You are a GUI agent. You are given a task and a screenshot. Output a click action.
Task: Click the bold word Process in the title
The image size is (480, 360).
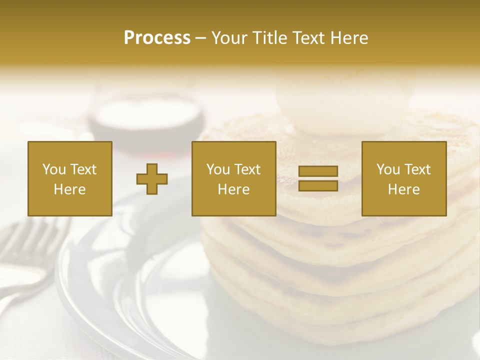(157, 38)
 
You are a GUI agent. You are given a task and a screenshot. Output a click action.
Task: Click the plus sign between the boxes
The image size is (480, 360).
(152, 179)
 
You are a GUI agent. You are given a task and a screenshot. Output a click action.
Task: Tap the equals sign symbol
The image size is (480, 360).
(318, 178)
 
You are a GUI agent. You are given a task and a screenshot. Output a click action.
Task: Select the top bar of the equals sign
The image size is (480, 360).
(318, 171)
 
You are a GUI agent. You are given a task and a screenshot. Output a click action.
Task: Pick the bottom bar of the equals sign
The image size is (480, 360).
(318, 185)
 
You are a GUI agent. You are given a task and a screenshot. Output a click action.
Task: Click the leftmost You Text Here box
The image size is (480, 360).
(70, 178)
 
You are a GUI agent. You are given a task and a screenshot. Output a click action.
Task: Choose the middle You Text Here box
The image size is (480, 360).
(233, 178)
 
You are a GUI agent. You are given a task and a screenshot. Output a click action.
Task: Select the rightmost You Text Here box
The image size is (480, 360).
(404, 178)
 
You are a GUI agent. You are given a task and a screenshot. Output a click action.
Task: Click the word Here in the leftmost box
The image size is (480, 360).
(70, 189)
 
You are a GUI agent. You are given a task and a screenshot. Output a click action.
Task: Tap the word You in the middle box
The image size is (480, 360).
(218, 169)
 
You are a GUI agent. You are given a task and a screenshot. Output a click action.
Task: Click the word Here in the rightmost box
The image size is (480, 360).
(404, 189)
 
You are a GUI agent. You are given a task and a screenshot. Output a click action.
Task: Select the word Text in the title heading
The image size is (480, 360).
(306, 38)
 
